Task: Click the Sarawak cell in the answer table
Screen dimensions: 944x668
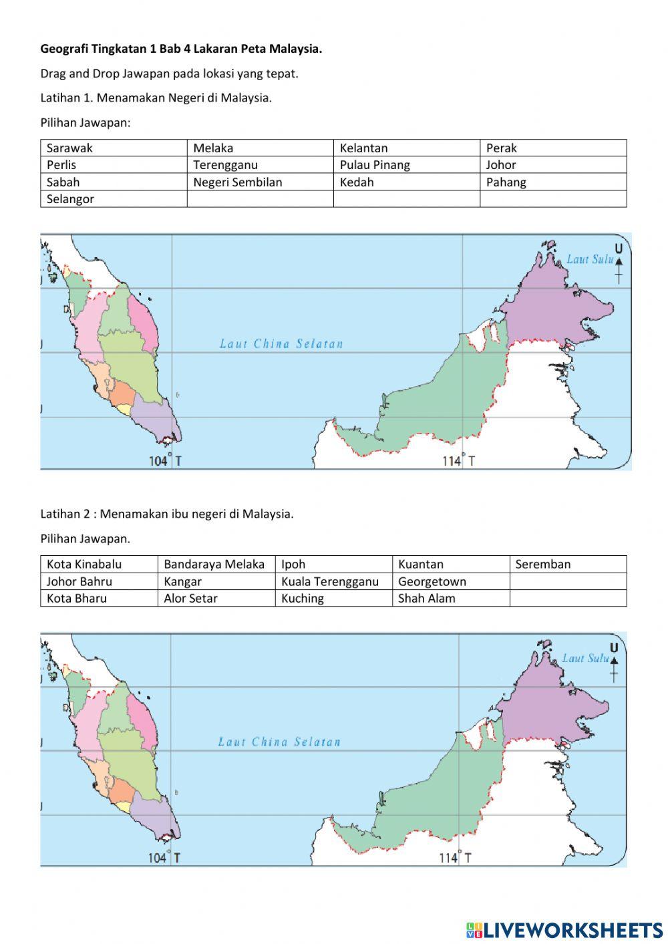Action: click(113, 148)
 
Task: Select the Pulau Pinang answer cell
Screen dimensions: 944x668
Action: click(406, 165)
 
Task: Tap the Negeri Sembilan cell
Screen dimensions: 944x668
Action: click(259, 182)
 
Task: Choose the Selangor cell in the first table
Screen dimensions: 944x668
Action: click(113, 199)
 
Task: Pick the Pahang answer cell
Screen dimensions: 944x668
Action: click(552, 182)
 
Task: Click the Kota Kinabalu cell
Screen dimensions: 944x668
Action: click(99, 565)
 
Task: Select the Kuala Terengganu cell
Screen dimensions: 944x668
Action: click(333, 581)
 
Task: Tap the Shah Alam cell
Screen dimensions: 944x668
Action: click(450, 599)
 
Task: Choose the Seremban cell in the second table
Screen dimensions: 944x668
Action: click(567, 565)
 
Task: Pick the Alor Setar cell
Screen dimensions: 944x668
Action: click(216, 599)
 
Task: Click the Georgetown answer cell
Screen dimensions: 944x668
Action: click(450, 581)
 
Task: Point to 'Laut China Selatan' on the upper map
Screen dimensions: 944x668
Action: click(281, 344)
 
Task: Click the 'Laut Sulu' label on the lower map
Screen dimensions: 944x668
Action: click(585, 658)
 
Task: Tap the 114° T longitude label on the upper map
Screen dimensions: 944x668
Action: click(459, 461)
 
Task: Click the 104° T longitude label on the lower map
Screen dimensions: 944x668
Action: click(164, 858)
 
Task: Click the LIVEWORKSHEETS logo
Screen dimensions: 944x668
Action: click(564, 929)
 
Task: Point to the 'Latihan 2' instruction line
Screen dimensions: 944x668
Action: click(167, 514)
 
